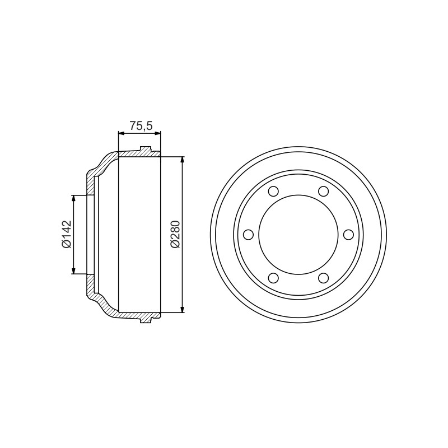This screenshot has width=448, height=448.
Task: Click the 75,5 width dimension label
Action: pyautogui.click(x=142, y=125)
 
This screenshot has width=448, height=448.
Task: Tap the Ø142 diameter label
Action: pyautogui.click(x=66, y=234)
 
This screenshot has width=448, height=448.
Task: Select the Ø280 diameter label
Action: pyautogui.click(x=175, y=234)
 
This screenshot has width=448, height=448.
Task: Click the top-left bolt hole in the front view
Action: pyautogui.click(x=273, y=191)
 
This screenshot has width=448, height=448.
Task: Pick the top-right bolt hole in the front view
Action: pyautogui.click(x=323, y=191)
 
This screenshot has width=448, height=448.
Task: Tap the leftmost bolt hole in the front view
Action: pyautogui.click(x=248, y=235)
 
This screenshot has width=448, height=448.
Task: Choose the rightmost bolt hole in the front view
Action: pyautogui.click(x=348, y=235)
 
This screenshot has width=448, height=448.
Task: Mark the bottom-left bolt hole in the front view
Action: pyautogui.click(x=273, y=278)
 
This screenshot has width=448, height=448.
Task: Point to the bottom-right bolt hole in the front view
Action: pyautogui.click(x=323, y=278)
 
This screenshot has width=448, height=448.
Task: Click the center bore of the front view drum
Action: pyautogui.click(x=298, y=235)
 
